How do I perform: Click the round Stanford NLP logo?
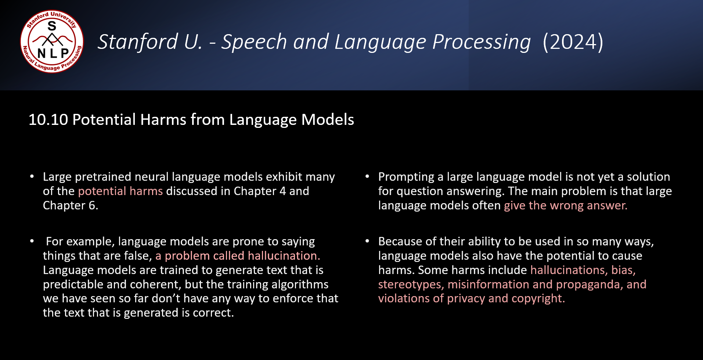(x=52, y=42)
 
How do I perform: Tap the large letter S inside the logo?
(x=52, y=26)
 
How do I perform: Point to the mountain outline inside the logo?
(x=52, y=39)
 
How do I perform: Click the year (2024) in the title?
(x=573, y=42)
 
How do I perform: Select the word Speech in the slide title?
(x=254, y=42)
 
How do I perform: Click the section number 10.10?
(x=48, y=120)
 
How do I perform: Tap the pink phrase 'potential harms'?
(x=120, y=191)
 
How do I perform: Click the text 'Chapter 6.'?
(x=71, y=205)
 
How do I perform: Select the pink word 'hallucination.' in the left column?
(x=284, y=256)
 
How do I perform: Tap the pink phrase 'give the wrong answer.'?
(x=566, y=205)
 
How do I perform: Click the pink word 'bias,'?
(x=623, y=270)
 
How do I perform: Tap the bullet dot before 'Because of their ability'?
(x=367, y=241)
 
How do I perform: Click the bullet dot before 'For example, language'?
(x=32, y=241)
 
